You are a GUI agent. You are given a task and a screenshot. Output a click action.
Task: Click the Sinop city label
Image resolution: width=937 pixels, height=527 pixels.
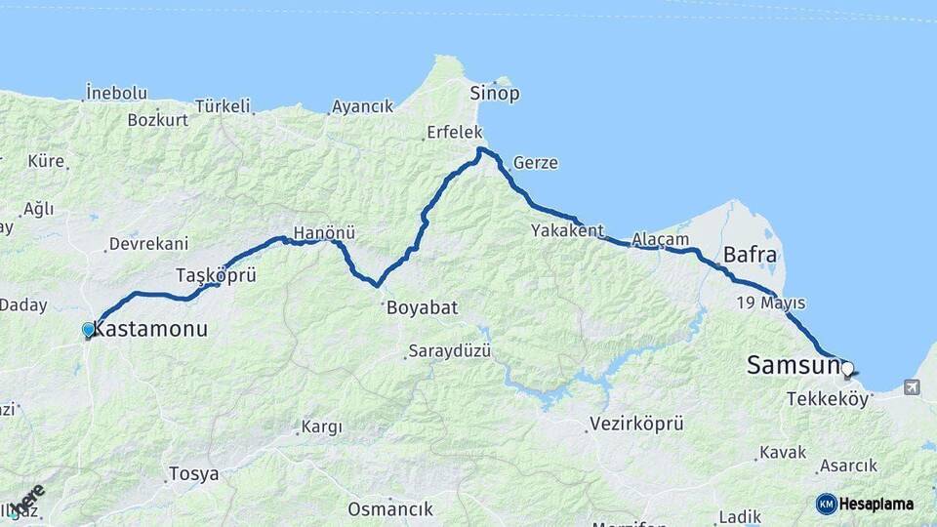coord(495,94)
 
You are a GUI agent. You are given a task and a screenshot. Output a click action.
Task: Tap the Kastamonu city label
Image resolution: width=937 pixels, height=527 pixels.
coord(150,330)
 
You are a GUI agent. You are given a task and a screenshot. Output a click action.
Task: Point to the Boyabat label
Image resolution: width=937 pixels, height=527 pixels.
coord(422,307)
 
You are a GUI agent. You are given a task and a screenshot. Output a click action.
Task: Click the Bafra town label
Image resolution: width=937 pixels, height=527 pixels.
coord(750,256)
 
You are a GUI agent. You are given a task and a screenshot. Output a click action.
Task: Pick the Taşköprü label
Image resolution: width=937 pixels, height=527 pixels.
coord(216,275)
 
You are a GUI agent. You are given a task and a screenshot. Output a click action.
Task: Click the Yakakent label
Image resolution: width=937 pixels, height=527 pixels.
coord(563,230)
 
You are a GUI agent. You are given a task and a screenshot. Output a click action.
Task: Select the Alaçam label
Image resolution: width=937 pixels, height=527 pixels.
coord(661,239)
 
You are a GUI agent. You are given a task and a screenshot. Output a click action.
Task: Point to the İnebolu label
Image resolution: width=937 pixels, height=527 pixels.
coord(116,93)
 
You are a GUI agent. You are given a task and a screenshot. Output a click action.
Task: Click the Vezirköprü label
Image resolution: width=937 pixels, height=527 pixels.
coord(635,425)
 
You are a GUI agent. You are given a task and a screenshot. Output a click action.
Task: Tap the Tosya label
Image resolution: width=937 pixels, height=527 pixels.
coord(193,474)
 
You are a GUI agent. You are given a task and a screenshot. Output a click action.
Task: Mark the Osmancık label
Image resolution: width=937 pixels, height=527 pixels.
coord(389,509)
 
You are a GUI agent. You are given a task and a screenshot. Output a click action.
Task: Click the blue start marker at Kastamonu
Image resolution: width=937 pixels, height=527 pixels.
coord(89,330)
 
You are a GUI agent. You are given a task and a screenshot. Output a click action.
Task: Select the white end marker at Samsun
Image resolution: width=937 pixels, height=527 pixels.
coord(847,369)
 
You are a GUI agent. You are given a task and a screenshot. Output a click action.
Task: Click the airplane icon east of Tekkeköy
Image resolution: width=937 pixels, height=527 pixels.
coord(912,387)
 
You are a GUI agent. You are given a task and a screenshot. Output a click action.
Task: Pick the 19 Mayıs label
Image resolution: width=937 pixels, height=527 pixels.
coord(771,302)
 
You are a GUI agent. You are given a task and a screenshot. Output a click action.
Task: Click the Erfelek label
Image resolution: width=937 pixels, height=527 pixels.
coord(454,133)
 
